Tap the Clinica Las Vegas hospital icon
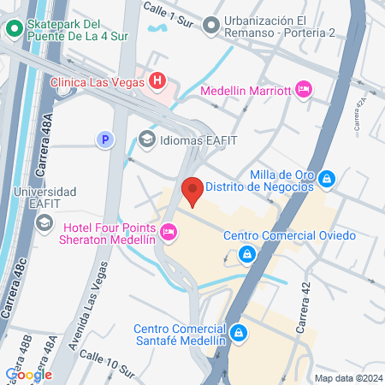tap(157, 81)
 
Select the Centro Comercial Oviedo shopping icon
tap(246, 253)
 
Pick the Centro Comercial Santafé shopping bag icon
tap(239, 331)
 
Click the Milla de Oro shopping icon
tap(327, 179)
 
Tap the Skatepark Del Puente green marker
tap(14, 27)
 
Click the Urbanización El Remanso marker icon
tap(210, 26)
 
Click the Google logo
tap(28, 374)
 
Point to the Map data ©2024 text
tap(346, 378)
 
